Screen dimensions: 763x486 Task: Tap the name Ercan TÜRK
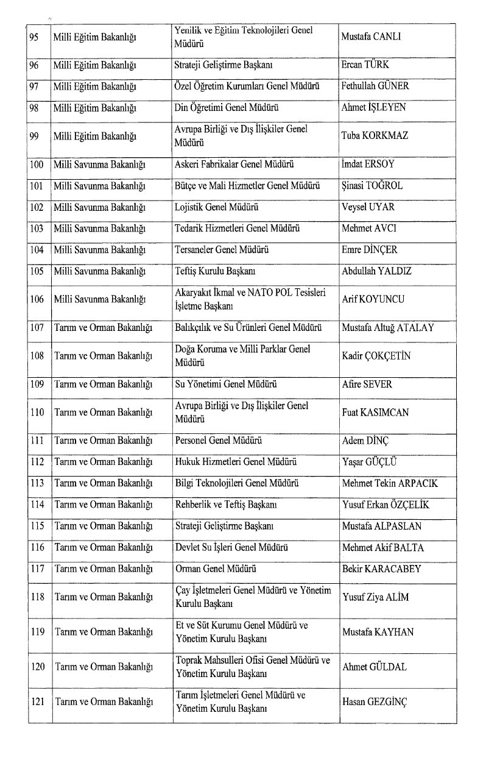pos(365,65)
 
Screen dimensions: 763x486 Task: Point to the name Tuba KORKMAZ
pos(375,135)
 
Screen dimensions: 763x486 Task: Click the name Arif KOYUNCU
pos(373,299)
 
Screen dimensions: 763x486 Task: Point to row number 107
pos(38,328)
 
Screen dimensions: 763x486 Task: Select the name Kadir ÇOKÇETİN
pos(376,356)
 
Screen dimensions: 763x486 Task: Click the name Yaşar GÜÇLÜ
pos(370,461)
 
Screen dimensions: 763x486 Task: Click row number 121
pos(38,702)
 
